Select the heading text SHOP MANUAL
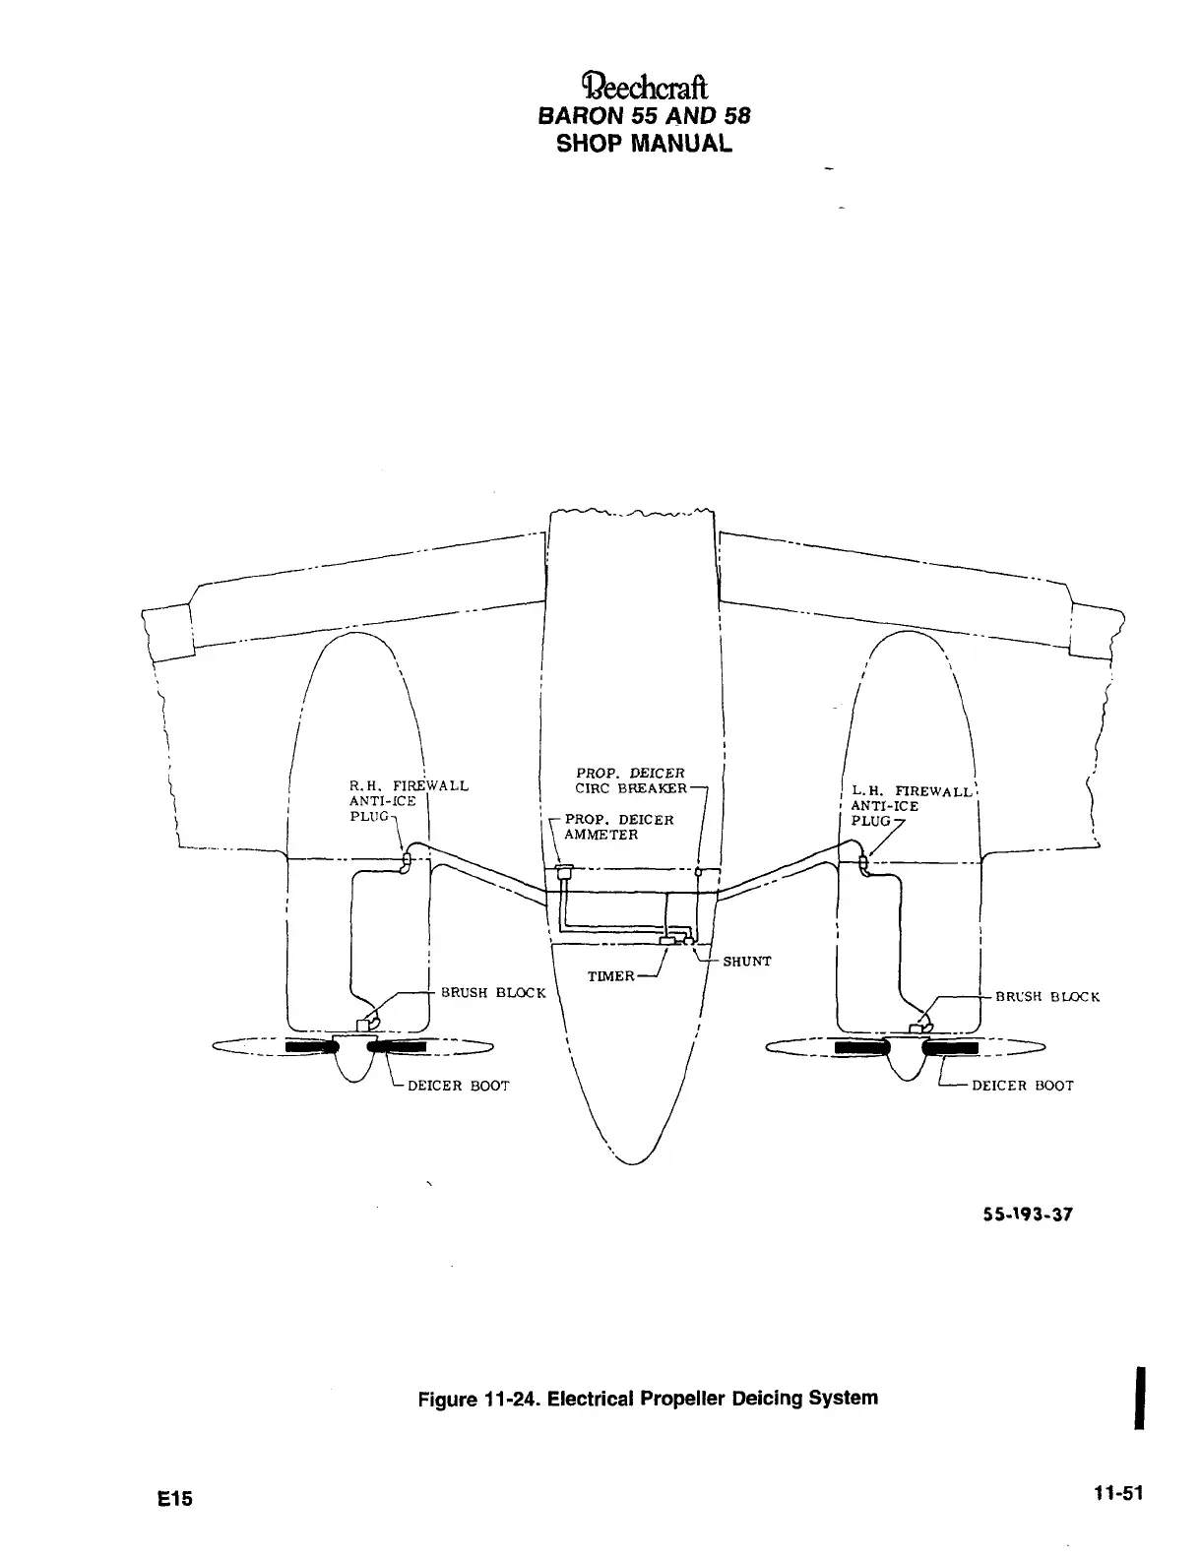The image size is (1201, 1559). [645, 144]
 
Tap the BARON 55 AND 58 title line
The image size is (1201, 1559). [645, 115]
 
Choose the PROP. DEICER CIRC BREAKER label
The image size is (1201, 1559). [630, 780]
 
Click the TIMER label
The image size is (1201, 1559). [610, 976]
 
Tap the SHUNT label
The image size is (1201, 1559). [747, 962]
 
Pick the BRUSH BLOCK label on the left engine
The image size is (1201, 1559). [492, 992]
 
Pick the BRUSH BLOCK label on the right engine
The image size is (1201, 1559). [1047, 996]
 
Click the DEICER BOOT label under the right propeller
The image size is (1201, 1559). [1022, 1086]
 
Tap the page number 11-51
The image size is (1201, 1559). [1118, 1493]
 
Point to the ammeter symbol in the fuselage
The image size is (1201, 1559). [565, 872]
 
